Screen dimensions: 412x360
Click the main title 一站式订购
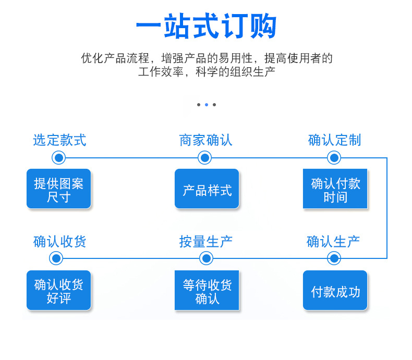coord(206,26)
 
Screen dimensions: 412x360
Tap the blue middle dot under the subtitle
coord(207,105)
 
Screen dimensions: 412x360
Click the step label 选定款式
coord(59,140)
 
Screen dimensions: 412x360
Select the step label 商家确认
coord(205,140)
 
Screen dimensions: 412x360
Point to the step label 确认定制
coord(334,140)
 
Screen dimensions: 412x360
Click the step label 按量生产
coord(205,241)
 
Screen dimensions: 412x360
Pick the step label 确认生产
coord(333,241)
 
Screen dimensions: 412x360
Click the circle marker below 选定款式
coord(58,158)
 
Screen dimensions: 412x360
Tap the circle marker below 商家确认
coord(204,158)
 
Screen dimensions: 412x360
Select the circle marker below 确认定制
coord(334,158)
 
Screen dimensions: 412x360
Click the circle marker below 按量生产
coord(207,258)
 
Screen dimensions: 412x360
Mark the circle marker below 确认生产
coord(334,258)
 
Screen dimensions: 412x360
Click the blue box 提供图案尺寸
coord(58,189)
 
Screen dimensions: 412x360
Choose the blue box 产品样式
coord(207,189)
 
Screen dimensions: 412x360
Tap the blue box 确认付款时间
coord(335,189)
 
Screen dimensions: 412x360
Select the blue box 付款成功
coord(335,290)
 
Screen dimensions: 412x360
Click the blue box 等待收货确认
coord(207,290)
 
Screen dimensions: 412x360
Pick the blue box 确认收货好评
coord(58,290)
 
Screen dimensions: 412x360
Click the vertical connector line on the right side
coord(387,208)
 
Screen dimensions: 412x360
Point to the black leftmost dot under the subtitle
coord(199,105)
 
